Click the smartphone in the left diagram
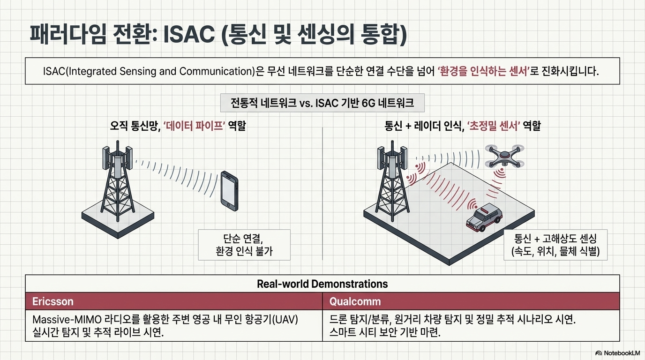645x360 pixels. (230, 191)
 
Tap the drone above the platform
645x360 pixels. (504, 156)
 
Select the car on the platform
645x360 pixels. (484, 217)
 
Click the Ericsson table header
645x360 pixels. (52, 301)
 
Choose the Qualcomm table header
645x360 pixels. (355, 301)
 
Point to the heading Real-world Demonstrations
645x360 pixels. (322, 284)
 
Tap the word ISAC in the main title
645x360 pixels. (189, 35)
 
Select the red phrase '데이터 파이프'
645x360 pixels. (194, 126)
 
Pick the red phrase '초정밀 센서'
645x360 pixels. (493, 126)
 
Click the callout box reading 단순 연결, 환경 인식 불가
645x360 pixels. (244, 245)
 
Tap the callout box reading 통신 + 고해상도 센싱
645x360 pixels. (555, 245)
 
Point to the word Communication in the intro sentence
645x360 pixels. (216, 71)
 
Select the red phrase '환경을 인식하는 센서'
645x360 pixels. (484, 71)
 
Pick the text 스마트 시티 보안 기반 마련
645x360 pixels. (385, 332)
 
